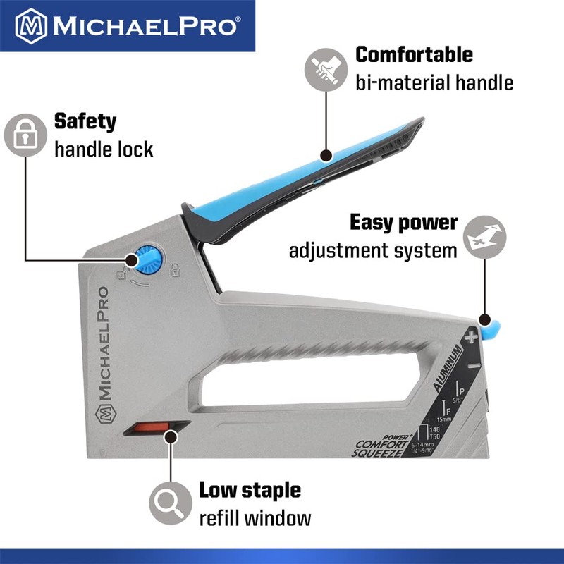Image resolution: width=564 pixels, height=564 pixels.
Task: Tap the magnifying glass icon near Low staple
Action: click(x=169, y=503)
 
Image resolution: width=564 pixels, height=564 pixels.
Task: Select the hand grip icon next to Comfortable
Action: click(x=326, y=69)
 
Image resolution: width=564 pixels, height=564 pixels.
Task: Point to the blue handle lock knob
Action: click(x=147, y=260)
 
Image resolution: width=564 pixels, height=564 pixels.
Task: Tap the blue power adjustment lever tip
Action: click(x=493, y=325)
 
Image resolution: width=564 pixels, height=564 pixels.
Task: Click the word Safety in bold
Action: click(x=85, y=121)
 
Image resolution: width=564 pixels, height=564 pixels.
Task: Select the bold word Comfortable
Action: click(x=414, y=54)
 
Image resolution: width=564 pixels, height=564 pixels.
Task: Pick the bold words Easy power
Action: click(x=404, y=223)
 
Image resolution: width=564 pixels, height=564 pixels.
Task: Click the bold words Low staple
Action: click(x=250, y=489)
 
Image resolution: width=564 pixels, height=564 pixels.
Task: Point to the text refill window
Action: click(x=255, y=518)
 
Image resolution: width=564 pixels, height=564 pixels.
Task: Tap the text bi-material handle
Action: click(x=434, y=83)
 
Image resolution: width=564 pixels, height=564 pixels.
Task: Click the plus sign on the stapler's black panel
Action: click(x=470, y=338)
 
